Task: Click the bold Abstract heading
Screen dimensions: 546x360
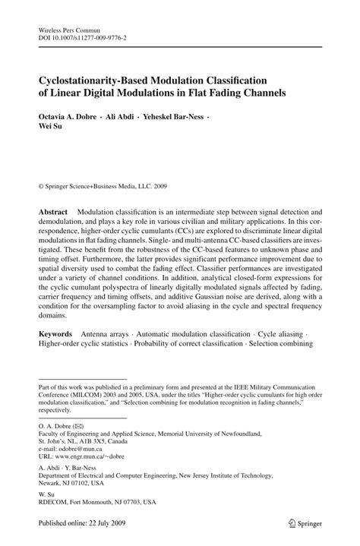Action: click(x=54, y=211)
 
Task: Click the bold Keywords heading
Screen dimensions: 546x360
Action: click(x=56, y=333)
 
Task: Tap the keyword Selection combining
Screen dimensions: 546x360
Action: click(x=278, y=343)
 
